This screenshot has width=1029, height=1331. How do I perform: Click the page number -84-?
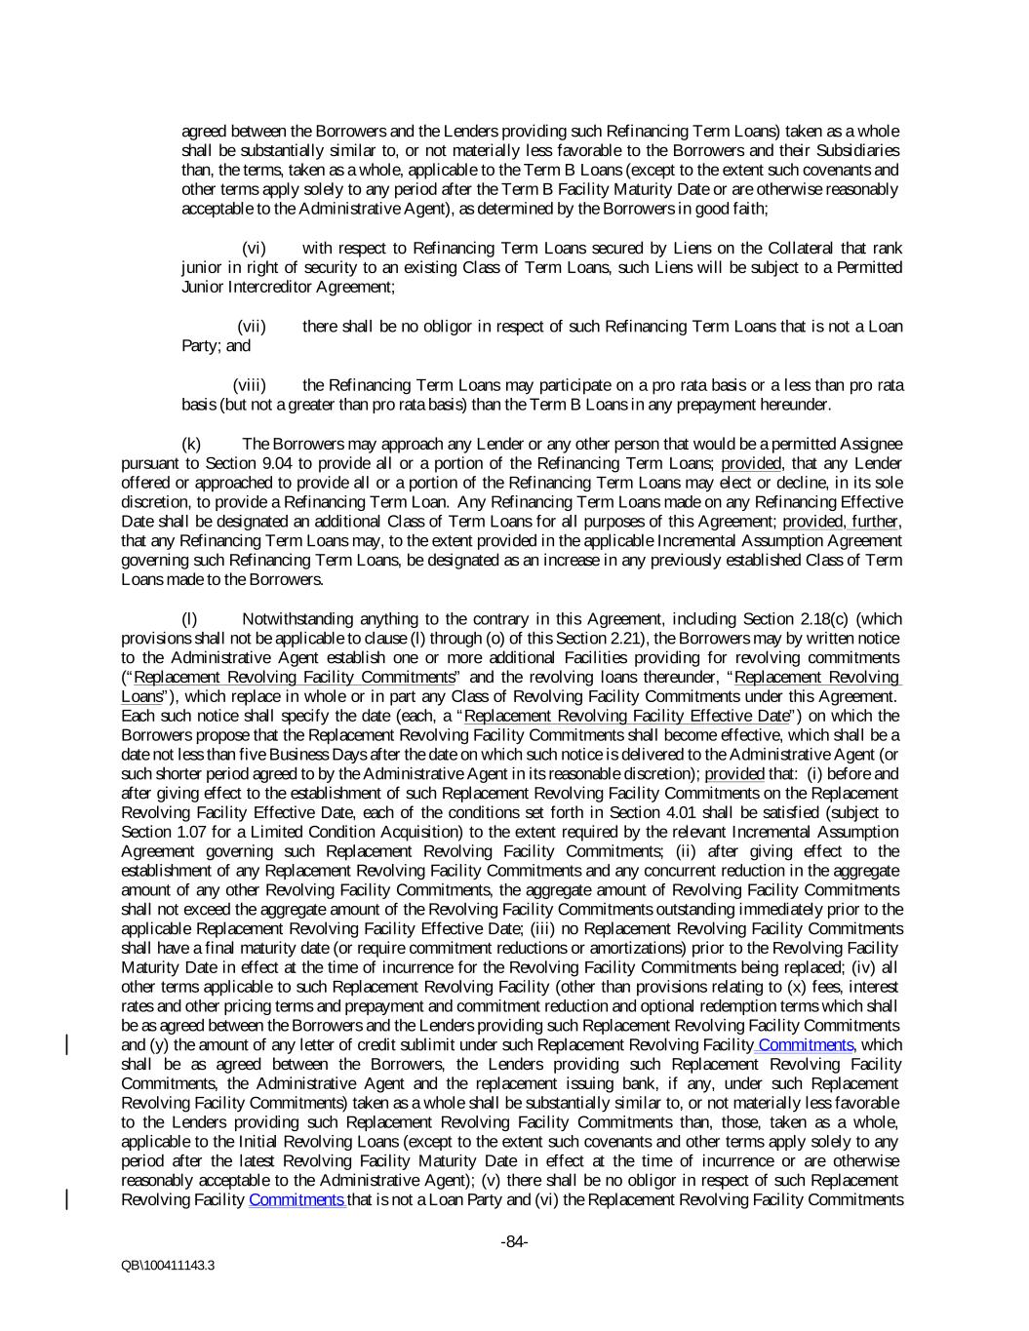tap(514, 1241)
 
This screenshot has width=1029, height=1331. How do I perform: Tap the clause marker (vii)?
tap(252, 326)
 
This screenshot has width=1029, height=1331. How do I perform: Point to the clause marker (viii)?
tap(249, 384)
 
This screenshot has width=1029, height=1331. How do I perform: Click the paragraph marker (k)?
tap(191, 443)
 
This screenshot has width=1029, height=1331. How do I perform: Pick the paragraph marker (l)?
tap(190, 618)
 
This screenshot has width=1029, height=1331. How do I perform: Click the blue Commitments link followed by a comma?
tap(806, 1044)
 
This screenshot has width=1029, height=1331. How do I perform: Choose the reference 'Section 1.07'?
tap(163, 832)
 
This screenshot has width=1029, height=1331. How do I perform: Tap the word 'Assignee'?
tap(871, 443)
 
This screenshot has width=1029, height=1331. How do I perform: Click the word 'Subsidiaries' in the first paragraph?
tap(854, 150)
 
